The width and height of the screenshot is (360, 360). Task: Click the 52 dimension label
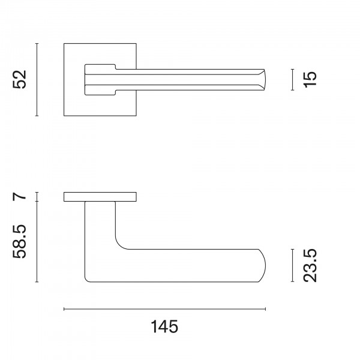pos(20,79)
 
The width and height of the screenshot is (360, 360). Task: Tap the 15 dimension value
pos(310,79)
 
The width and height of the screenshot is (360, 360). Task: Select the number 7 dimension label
pos(20,197)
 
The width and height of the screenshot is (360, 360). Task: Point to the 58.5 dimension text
pos(20,242)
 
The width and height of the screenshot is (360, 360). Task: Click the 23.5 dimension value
pos(310,266)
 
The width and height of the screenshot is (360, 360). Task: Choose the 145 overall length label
pos(164,326)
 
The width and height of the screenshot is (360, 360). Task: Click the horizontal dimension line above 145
pos(164,309)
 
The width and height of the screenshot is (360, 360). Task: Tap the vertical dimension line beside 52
pos(37,80)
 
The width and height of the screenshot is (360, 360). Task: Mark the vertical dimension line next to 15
pos(293,80)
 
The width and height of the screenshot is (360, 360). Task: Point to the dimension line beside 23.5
pos(293,265)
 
